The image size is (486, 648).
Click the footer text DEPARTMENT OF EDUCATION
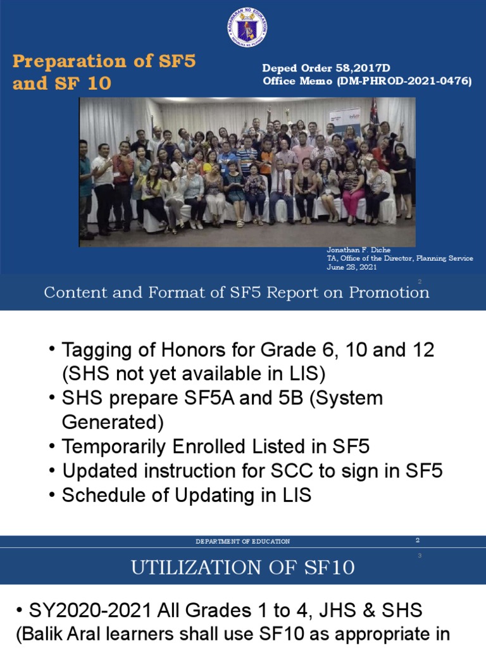[243, 542]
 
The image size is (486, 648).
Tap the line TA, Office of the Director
[400, 259]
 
